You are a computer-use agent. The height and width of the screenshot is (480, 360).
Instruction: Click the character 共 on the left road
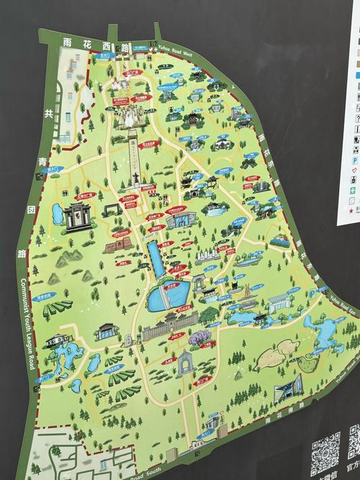point(48,114)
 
